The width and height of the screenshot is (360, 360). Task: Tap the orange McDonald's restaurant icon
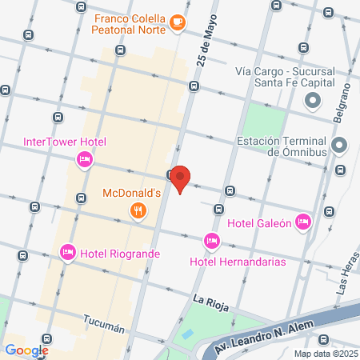coord(138,210)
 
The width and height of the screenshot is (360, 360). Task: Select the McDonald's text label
coord(133,193)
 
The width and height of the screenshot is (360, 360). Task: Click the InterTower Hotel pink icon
coord(83,161)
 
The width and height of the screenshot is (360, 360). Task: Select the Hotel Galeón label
coord(258,223)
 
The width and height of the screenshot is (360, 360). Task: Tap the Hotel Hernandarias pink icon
coord(212,240)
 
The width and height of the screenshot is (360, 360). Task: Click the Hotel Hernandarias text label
coord(238,261)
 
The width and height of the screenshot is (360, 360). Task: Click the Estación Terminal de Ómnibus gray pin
coord(339,146)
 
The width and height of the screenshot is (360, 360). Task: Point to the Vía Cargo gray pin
coord(312,102)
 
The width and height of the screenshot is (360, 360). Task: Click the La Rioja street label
coord(210,298)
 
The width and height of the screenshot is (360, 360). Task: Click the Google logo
coord(26,350)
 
